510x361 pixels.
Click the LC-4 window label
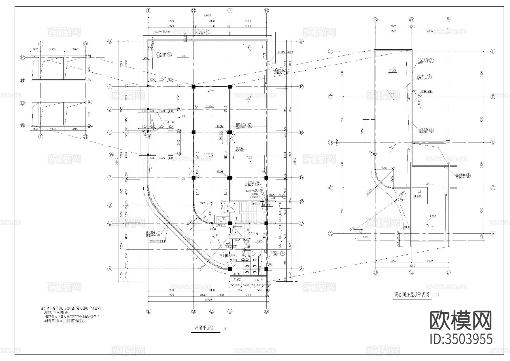(x=210, y=90)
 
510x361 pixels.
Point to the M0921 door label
(x=233, y=260)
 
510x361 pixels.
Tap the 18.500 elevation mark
(x=417, y=196)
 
